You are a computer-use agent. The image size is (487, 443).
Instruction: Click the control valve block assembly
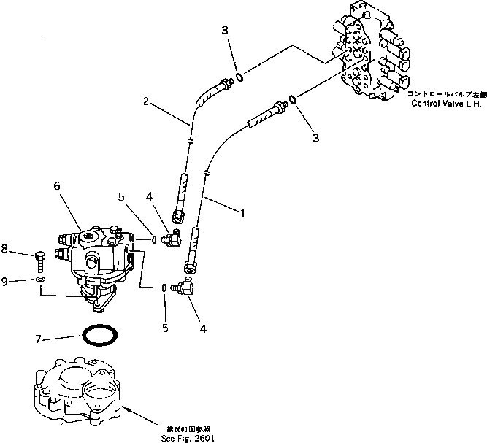coord(372,55)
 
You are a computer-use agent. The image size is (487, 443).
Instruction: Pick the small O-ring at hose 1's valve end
coord(291,99)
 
